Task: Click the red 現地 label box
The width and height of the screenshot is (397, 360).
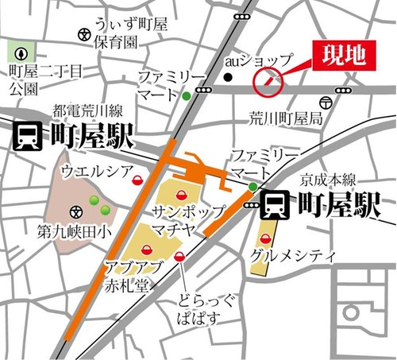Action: coord(343,55)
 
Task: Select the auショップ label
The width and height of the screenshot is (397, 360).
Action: coord(259,60)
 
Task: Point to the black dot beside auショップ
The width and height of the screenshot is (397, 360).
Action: coord(227,78)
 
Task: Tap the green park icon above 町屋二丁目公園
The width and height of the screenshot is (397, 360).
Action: coord(20,53)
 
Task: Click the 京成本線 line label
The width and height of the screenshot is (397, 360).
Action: coord(328,180)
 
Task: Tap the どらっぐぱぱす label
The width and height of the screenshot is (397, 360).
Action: coord(202,312)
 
